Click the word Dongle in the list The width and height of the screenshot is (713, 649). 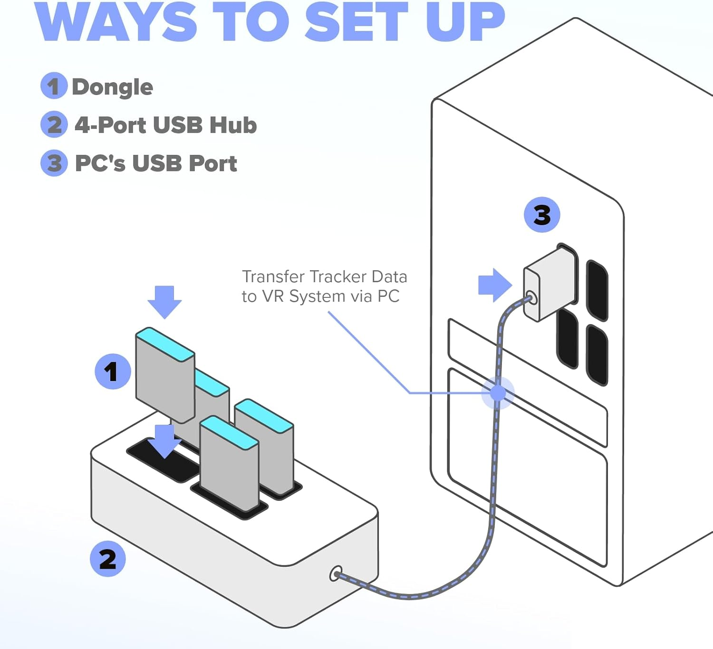112,87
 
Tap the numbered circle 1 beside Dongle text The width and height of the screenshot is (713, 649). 53,86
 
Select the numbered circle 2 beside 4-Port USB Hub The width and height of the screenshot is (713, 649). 54,124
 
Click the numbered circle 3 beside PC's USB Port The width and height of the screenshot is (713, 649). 54,163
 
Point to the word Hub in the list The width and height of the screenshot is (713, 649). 233,125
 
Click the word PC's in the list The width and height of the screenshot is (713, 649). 100,163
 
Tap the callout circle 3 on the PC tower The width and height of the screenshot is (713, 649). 542,215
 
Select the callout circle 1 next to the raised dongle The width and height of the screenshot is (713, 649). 112,371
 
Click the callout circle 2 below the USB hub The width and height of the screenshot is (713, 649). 107,559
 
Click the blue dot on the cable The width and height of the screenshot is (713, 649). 498,393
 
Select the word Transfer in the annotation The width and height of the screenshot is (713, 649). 273,277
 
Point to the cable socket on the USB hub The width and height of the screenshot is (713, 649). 336,574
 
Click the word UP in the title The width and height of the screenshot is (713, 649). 464,22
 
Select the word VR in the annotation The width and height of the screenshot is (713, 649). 273,296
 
